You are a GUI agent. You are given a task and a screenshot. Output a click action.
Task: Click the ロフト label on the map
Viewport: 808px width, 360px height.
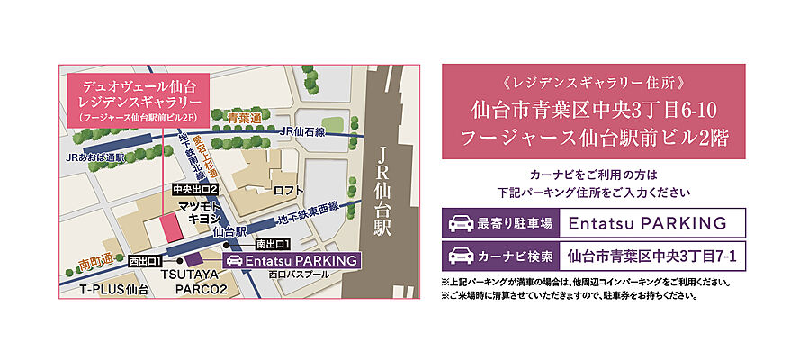coord(288,190)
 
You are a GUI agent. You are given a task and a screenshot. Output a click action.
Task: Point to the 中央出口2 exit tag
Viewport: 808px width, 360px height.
coord(196,189)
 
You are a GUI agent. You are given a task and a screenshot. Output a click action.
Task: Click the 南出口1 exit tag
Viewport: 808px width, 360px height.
coord(272,244)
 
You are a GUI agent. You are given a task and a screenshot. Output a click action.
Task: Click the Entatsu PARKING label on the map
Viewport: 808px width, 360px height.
coord(292,261)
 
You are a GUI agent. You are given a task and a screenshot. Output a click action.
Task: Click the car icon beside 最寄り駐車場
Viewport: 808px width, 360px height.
coord(461,222)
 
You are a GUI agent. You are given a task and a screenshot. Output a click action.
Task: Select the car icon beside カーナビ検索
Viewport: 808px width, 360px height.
coord(461,256)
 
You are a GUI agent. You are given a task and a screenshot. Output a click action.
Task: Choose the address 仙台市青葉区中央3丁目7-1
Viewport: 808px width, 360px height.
coord(652,256)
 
